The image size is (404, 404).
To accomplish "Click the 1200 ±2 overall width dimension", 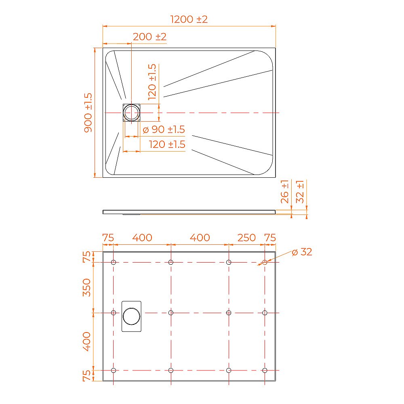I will pyautogui.click(x=189, y=19).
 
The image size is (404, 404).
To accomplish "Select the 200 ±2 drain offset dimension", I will pyautogui.click(x=149, y=36).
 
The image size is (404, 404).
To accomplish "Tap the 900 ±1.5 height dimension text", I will pyautogui.click(x=88, y=112).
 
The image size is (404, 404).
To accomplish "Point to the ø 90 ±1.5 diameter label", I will pyautogui.click(x=164, y=130).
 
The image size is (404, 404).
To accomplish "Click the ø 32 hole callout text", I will pyautogui.click(x=302, y=252).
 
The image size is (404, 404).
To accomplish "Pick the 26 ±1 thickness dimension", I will pyautogui.click(x=285, y=191).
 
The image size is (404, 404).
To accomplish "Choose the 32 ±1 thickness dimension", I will pyautogui.click(x=300, y=191).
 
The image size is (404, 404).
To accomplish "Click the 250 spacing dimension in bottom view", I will pyautogui.click(x=246, y=238).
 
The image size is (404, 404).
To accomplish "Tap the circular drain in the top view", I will pyautogui.click(x=132, y=112).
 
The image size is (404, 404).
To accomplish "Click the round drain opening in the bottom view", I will pyautogui.click(x=132, y=316).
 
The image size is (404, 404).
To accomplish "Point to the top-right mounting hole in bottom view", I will pyautogui.click(x=265, y=262).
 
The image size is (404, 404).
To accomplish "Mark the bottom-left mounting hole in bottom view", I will pyautogui.click(x=114, y=370).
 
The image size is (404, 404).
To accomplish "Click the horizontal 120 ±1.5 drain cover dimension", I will pyautogui.click(x=167, y=144).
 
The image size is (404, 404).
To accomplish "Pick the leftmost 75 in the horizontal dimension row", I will pyautogui.click(x=108, y=238).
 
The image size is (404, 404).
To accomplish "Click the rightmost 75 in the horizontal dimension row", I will pyautogui.click(x=270, y=238).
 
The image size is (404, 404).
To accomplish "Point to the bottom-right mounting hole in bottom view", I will pyautogui.click(x=265, y=370).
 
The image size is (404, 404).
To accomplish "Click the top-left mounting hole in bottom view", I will pyautogui.click(x=114, y=262).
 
